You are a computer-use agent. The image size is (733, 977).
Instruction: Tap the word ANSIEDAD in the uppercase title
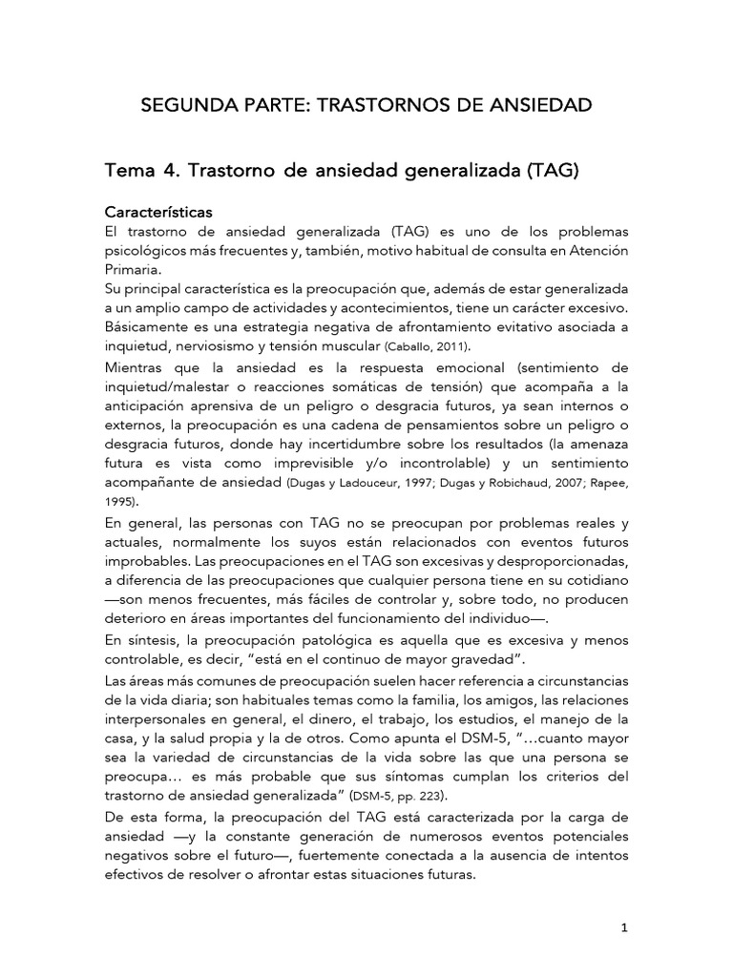coord(540,104)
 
